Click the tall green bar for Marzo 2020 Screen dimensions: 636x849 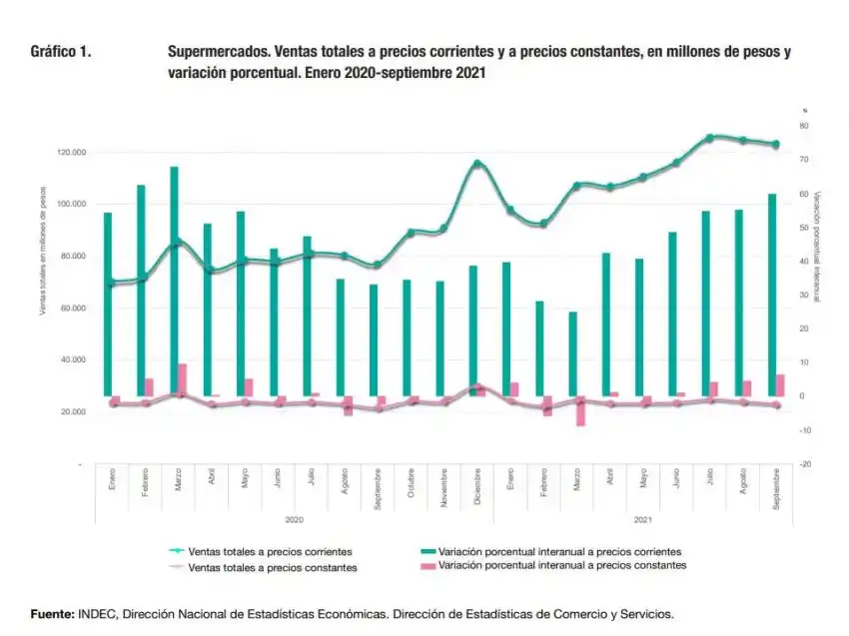tap(174, 280)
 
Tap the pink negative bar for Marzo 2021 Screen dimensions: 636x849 tap(580, 411)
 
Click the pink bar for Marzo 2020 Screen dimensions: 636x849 tap(183, 379)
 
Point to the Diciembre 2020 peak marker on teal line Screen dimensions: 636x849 tap(476, 164)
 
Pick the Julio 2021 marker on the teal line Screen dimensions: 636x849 tap(709, 138)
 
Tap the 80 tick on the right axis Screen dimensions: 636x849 tap(803, 126)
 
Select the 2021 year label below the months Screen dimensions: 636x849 tap(643, 520)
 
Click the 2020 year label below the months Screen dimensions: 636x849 tap(295, 520)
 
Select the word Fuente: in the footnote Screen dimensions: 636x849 tap(52, 613)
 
